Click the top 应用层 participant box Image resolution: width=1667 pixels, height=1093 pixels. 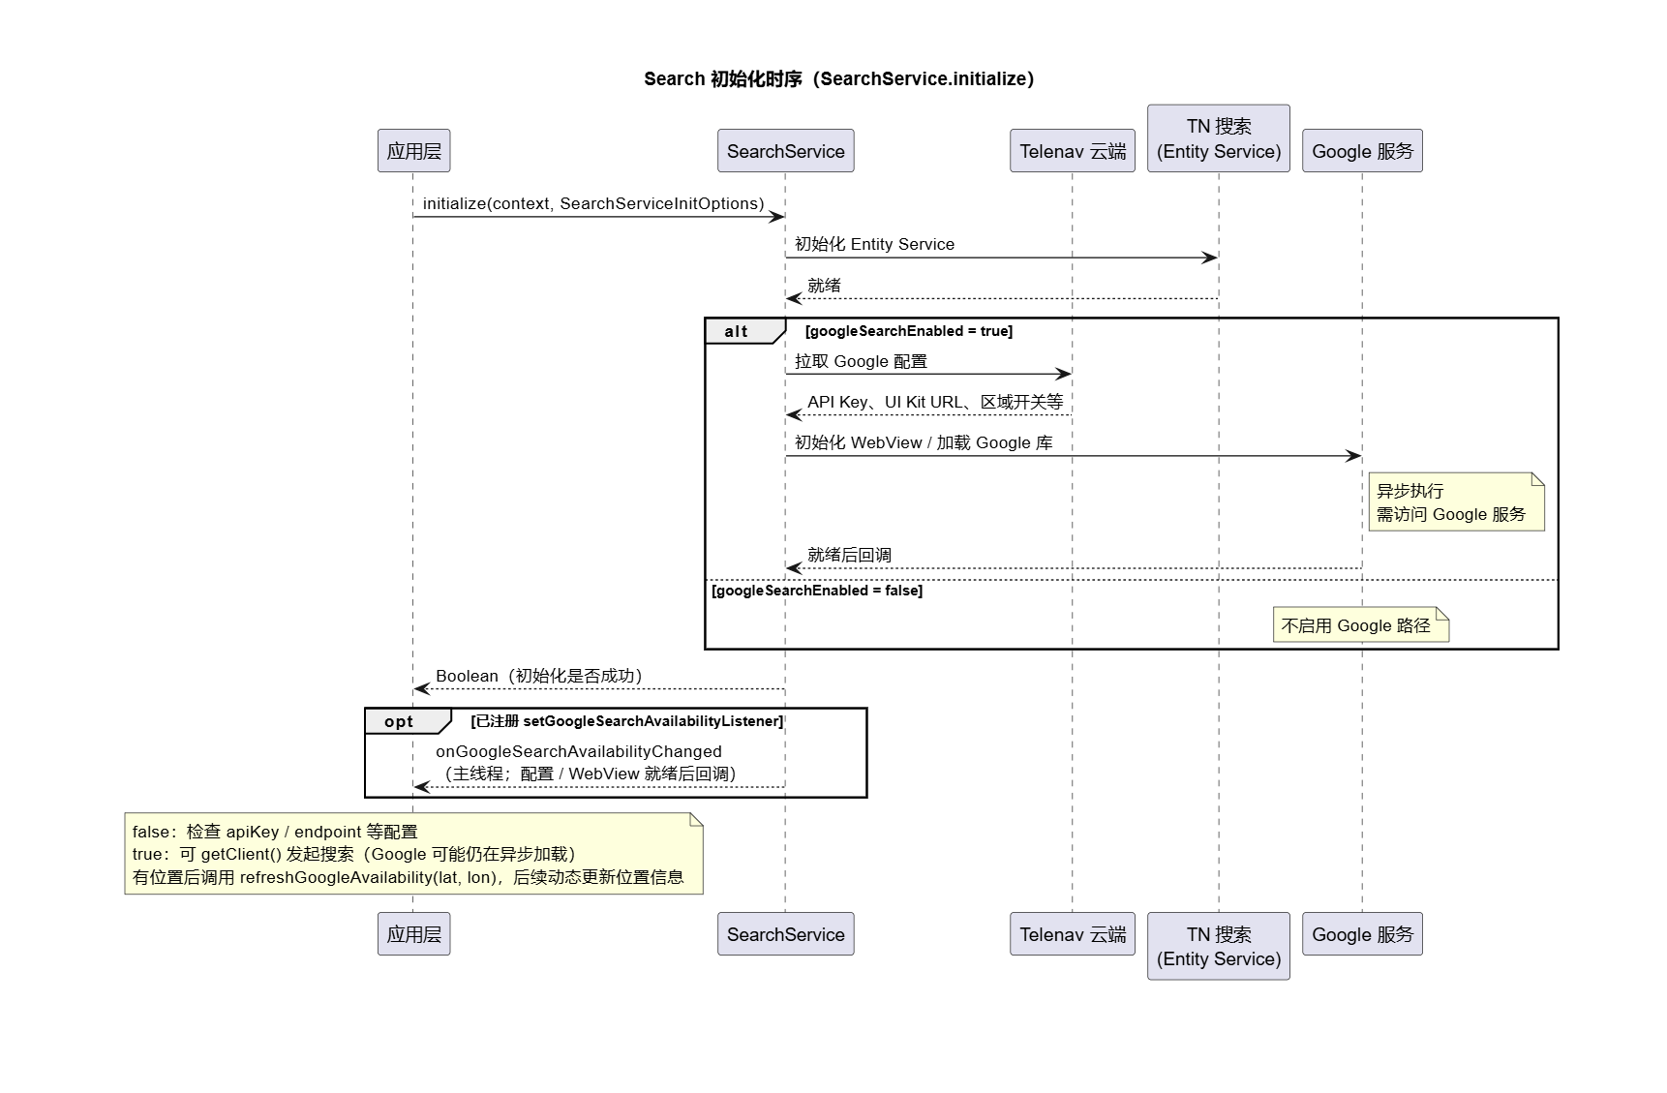pyautogui.click(x=413, y=151)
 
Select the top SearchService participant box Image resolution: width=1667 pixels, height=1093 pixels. pyautogui.click(x=785, y=151)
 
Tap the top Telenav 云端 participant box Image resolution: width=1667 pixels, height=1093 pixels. pyautogui.click(x=1072, y=151)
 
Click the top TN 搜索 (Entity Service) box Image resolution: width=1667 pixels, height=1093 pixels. pyautogui.click(x=1218, y=138)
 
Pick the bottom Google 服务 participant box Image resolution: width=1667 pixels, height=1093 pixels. pyautogui.click(x=1362, y=934)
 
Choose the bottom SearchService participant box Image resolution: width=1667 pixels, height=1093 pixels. pyautogui.click(x=785, y=934)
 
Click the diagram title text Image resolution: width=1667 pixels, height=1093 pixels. pyautogui.click(x=838, y=79)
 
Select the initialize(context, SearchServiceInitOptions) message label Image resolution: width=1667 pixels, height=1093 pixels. pyautogui.click(x=593, y=203)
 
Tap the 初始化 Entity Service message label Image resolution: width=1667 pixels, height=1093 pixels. pyautogui.click(x=874, y=244)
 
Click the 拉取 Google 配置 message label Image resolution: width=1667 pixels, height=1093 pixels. pyautogui.click(x=861, y=361)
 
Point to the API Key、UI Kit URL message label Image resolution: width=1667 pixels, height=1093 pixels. pyautogui.click(x=935, y=402)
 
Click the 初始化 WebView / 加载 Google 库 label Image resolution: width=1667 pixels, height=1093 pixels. pyautogui.click(x=924, y=442)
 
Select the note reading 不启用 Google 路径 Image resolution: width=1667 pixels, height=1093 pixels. pyautogui.click(x=1360, y=625)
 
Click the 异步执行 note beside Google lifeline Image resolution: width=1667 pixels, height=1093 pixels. pyautogui.click(x=1456, y=502)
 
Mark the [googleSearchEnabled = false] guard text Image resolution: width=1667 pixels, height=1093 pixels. pyautogui.click(x=817, y=591)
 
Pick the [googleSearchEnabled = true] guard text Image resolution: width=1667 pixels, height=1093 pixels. pyautogui.click(x=909, y=331)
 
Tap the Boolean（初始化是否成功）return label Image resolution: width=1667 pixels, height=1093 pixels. pyautogui.click(x=539, y=676)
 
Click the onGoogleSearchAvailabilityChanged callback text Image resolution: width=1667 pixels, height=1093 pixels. pyautogui.click(x=579, y=751)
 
